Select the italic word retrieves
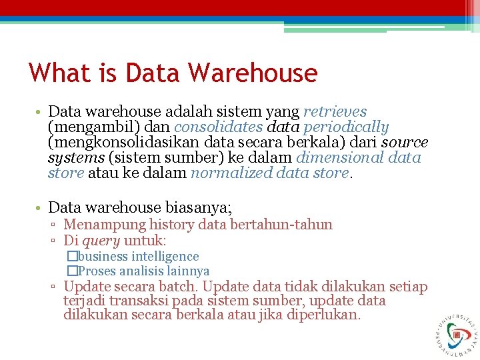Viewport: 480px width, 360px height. tap(335, 111)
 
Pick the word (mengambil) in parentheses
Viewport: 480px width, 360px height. tap(85, 127)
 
